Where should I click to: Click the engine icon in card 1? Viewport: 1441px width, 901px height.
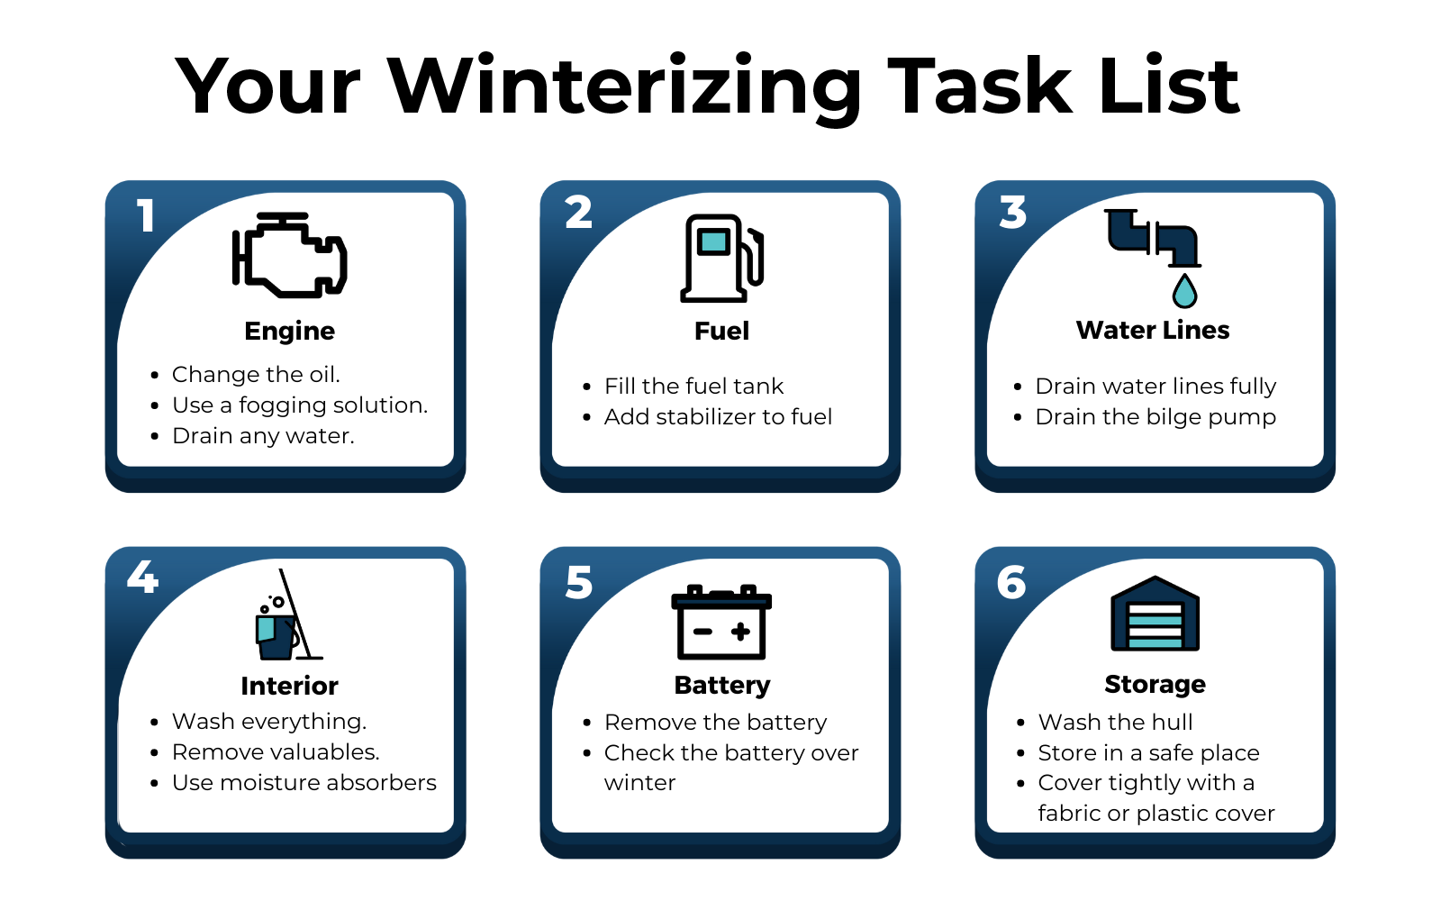click(x=289, y=256)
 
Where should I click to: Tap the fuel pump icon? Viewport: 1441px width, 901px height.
click(x=721, y=258)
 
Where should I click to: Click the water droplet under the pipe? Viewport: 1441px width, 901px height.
click(x=1184, y=291)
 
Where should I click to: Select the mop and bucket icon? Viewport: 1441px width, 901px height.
click(x=286, y=616)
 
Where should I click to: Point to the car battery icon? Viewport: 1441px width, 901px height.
click(x=721, y=623)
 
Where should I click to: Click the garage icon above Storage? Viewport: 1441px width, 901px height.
click(x=1155, y=614)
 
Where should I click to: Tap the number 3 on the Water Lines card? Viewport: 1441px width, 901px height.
click(x=1013, y=213)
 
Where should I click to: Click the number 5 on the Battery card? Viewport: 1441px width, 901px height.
click(x=579, y=583)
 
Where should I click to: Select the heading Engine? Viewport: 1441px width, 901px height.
click(x=289, y=331)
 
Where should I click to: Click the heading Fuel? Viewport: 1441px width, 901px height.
click(x=721, y=331)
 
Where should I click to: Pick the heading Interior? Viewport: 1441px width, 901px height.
click(x=289, y=686)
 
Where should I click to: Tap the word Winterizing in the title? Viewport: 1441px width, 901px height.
click(x=625, y=87)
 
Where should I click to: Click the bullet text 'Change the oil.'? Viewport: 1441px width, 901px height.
click(x=256, y=374)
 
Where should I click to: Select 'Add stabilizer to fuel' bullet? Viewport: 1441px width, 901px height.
click(x=718, y=416)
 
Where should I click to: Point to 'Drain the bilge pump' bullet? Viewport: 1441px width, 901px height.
click(x=1156, y=416)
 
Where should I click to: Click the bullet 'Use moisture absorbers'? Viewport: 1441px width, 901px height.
click(x=304, y=782)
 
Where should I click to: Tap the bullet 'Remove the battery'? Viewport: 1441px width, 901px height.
click(x=715, y=722)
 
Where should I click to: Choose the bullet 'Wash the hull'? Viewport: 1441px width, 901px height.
click(x=1115, y=722)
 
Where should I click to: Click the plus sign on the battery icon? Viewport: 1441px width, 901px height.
click(x=740, y=632)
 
